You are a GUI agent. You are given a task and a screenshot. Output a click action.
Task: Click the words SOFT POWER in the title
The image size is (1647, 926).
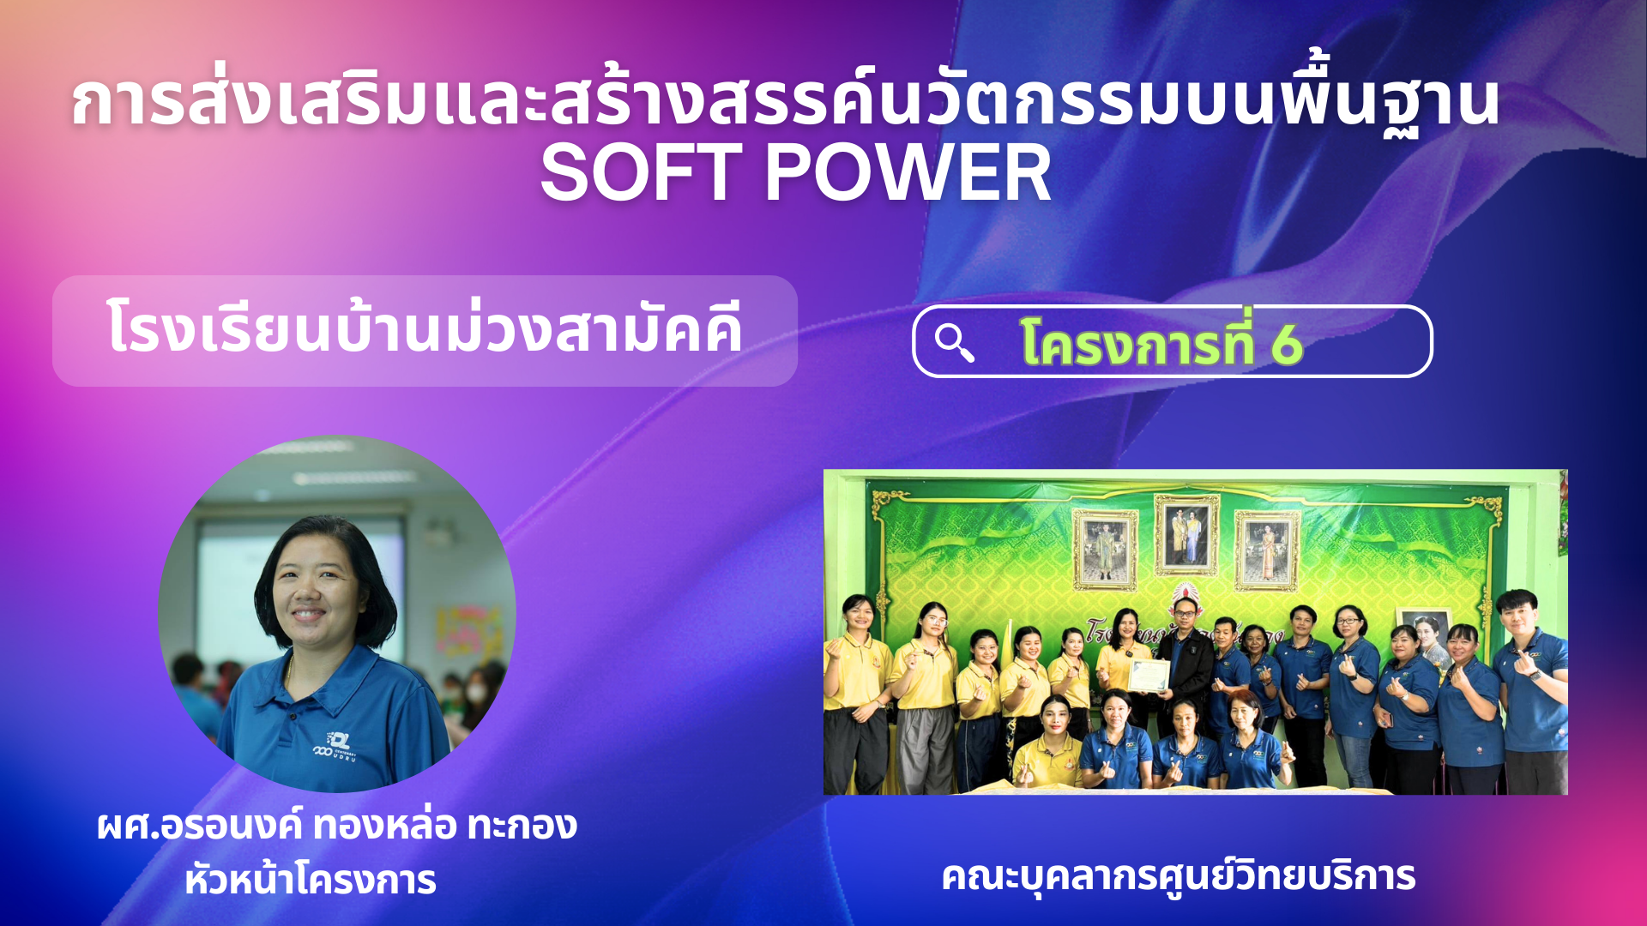(x=795, y=173)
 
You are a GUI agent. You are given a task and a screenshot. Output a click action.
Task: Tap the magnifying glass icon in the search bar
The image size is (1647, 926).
(x=954, y=343)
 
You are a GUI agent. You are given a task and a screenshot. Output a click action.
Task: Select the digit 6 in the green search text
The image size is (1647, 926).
(x=1287, y=345)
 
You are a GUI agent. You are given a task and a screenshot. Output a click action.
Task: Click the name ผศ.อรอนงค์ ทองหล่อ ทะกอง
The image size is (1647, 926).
(x=337, y=826)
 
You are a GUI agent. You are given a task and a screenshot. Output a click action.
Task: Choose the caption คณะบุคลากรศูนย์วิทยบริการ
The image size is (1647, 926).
(x=1178, y=876)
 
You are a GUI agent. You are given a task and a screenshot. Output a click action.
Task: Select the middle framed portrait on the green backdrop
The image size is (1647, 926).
(x=1186, y=535)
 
